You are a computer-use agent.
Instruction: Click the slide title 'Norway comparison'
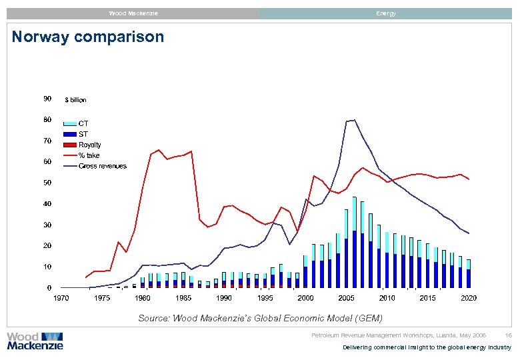[x=88, y=37]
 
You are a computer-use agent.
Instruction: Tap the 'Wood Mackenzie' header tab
[x=133, y=13]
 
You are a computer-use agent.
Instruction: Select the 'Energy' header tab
[x=385, y=13]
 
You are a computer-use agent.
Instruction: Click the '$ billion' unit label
[x=75, y=100]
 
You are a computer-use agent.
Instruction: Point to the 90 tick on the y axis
[x=47, y=99]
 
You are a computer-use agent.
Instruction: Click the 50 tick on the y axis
[x=47, y=183]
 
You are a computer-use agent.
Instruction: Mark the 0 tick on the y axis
[x=49, y=288]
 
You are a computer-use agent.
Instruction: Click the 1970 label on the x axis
[x=61, y=298]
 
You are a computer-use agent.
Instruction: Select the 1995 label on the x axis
[x=265, y=298]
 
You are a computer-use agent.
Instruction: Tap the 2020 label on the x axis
[x=469, y=298]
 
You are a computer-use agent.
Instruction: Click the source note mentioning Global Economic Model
[x=260, y=318]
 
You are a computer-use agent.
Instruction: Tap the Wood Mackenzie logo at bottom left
[x=35, y=341]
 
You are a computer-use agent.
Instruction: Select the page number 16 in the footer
[x=508, y=335]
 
